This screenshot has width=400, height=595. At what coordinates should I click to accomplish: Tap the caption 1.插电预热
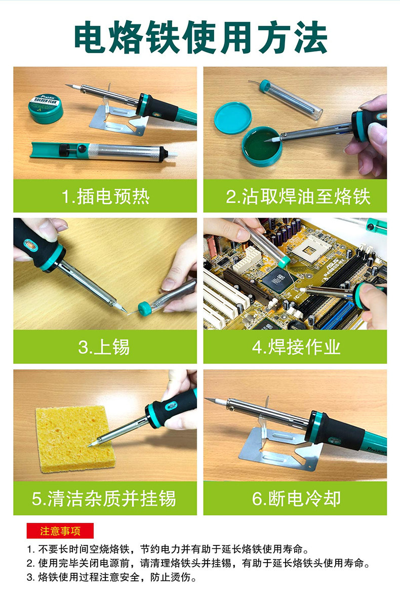(x=105, y=196)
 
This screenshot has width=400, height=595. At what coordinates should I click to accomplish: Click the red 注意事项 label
(x=60, y=531)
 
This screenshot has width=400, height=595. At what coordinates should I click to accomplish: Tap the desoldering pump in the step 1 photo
(x=96, y=151)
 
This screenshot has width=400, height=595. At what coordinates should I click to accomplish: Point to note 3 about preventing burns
(x=111, y=577)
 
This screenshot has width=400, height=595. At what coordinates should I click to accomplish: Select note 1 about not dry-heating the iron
(x=167, y=549)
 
